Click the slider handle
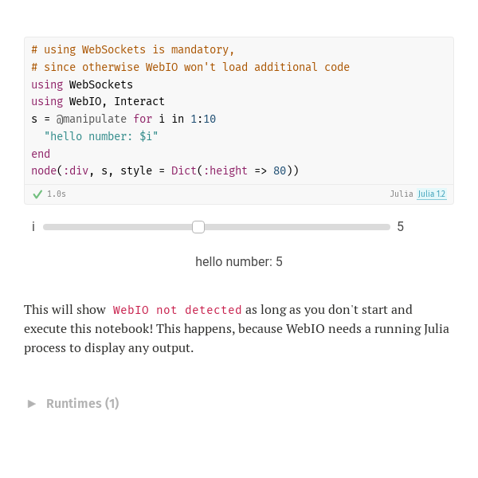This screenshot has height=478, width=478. [x=198, y=227]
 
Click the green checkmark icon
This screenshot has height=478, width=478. [x=37, y=194]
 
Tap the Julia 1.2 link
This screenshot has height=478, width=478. [x=432, y=194]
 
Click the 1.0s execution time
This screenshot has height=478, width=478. [x=57, y=194]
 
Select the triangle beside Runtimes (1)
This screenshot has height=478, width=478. [x=32, y=404]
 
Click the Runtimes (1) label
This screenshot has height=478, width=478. [x=83, y=404]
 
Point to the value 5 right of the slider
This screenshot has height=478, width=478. [x=400, y=227]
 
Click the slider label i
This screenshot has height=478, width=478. [x=33, y=227]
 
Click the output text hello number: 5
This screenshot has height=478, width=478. [x=239, y=262]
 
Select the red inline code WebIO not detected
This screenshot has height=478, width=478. [x=177, y=310]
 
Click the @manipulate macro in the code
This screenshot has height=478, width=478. [x=92, y=119]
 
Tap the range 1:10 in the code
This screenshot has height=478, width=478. [x=203, y=119]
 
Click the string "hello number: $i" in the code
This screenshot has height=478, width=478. [x=101, y=136]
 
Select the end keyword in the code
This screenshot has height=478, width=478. [x=41, y=154]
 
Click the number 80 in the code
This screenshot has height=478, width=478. [x=280, y=170]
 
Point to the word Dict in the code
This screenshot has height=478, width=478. [x=184, y=170]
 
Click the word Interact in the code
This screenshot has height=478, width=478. [x=139, y=101]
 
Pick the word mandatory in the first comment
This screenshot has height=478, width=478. [x=200, y=49]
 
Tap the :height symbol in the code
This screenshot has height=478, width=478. [x=225, y=170]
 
